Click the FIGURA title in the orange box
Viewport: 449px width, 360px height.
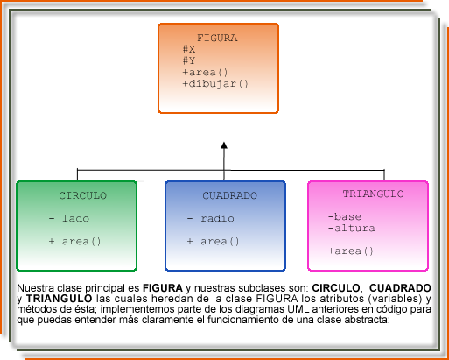tap(216, 39)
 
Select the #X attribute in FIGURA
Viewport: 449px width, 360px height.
tap(189, 50)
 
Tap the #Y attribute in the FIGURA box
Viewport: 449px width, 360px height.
tap(189, 61)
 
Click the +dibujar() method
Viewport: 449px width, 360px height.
tap(215, 84)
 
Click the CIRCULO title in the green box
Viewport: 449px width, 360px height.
tap(83, 195)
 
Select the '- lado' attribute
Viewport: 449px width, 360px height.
tap(69, 218)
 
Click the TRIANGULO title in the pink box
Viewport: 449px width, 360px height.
tap(373, 194)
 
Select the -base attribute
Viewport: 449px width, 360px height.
tap(344, 216)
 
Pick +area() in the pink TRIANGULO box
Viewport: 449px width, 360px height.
tap(350, 251)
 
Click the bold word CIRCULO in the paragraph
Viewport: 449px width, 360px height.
tap(336, 287)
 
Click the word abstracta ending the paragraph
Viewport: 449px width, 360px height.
tap(363, 320)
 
